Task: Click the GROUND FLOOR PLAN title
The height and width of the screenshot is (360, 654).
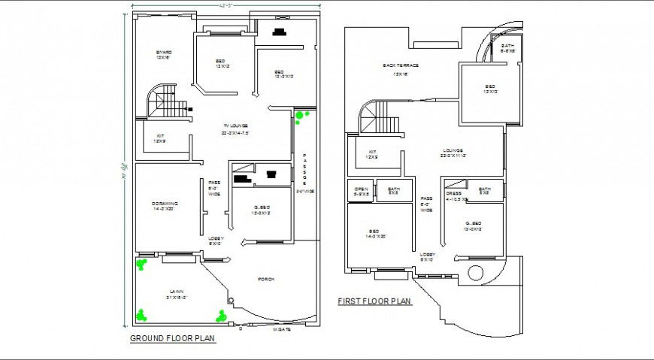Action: (x=173, y=338)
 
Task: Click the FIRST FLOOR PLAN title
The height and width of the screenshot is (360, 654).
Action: (x=374, y=301)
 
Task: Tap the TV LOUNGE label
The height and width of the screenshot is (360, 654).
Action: (x=235, y=126)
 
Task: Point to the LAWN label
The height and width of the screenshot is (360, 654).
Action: (x=176, y=292)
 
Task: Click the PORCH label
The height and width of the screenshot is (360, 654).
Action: (x=265, y=279)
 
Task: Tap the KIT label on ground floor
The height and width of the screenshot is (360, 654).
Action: (x=159, y=137)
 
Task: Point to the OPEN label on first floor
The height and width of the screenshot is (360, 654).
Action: (x=361, y=189)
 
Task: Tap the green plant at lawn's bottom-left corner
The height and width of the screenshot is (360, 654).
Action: (x=141, y=315)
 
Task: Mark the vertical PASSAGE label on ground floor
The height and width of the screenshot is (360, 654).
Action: (x=304, y=169)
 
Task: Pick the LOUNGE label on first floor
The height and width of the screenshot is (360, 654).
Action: (x=453, y=150)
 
